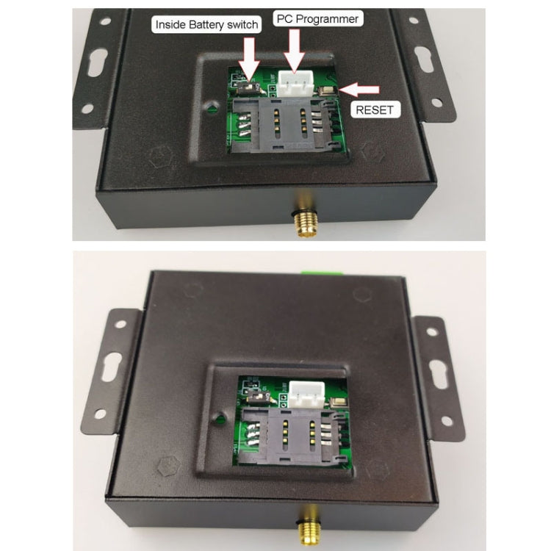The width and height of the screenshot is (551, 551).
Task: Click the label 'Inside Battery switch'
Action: pyautogui.click(x=206, y=25)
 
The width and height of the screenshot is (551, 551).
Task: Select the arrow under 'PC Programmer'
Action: pyautogui.click(x=295, y=48)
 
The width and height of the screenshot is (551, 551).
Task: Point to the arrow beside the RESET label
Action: pyautogui.click(x=362, y=90)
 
